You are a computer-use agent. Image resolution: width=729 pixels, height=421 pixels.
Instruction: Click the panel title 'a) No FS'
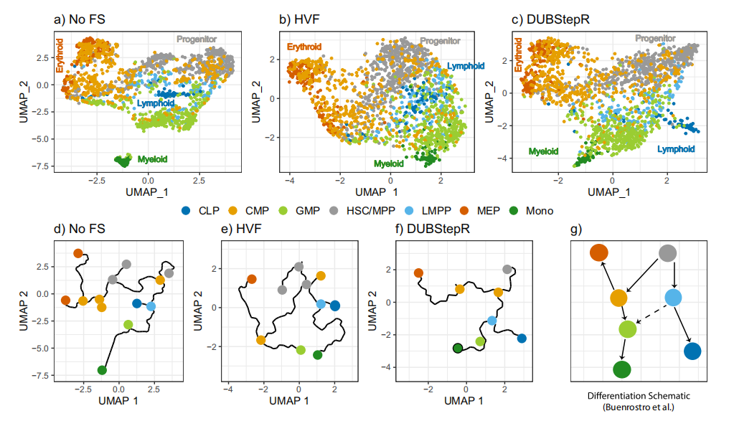(x=80, y=20)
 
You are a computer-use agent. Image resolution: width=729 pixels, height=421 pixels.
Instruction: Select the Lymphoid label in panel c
(x=676, y=149)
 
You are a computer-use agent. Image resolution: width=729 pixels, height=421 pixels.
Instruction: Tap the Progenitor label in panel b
(x=441, y=42)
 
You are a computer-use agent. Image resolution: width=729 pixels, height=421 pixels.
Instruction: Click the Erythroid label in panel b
(x=304, y=47)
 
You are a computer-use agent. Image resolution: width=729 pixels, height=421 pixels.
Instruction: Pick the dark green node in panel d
(x=102, y=370)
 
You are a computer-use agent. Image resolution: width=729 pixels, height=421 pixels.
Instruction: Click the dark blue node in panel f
(x=522, y=338)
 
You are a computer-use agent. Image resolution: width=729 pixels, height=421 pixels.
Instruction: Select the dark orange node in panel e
(x=251, y=279)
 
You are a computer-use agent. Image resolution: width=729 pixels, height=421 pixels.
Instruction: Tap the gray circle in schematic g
(x=667, y=253)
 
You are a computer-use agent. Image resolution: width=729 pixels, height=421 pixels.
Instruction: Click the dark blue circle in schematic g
(x=692, y=351)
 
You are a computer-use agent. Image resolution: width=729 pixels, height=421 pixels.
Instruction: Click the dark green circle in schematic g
(x=622, y=369)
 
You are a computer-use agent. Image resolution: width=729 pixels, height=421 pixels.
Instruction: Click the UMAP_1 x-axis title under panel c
(x=610, y=193)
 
